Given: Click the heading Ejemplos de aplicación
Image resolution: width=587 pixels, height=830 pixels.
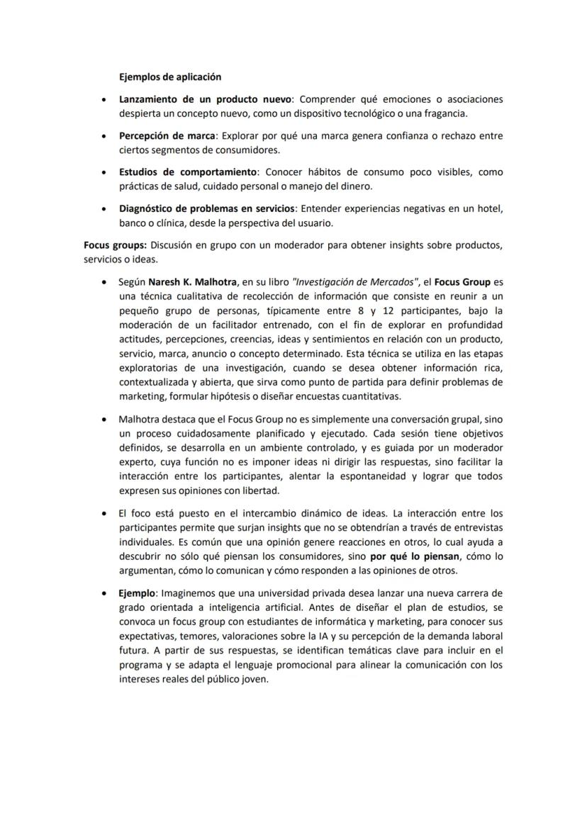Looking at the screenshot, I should (x=170, y=77).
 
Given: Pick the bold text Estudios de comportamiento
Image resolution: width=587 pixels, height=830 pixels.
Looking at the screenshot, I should (x=188, y=172).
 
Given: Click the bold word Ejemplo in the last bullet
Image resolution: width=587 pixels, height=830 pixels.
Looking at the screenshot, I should (x=138, y=593).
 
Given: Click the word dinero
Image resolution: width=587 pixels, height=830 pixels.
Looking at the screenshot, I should (x=355, y=186).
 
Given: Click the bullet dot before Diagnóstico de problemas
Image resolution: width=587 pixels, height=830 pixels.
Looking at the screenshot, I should (x=105, y=209).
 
